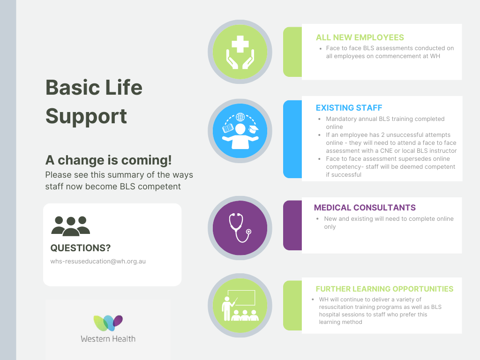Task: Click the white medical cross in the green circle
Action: coord(240,44)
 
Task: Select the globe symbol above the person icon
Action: coord(240,117)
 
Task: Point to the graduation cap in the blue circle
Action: coord(253,129)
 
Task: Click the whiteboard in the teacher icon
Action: coord(241,298)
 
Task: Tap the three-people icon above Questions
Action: coord(71,226)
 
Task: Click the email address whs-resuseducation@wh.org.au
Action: coord(98,262)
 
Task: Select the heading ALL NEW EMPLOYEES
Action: coord(360,37)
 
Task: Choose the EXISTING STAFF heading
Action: coord(349,108)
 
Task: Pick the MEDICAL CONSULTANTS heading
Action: coord(365,208)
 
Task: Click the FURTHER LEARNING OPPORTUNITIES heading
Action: coord(384,289)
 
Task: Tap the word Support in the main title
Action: coord(86,117)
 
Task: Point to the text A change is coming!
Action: coord(108,160)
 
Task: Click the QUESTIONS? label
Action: coord(81,248)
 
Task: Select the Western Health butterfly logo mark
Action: coord(108,323)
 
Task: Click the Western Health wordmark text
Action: coord(108,339)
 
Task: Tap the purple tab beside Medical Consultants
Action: coord(292,225)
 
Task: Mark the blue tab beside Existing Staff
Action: coord(292,139)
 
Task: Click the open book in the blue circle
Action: coord(228,128)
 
